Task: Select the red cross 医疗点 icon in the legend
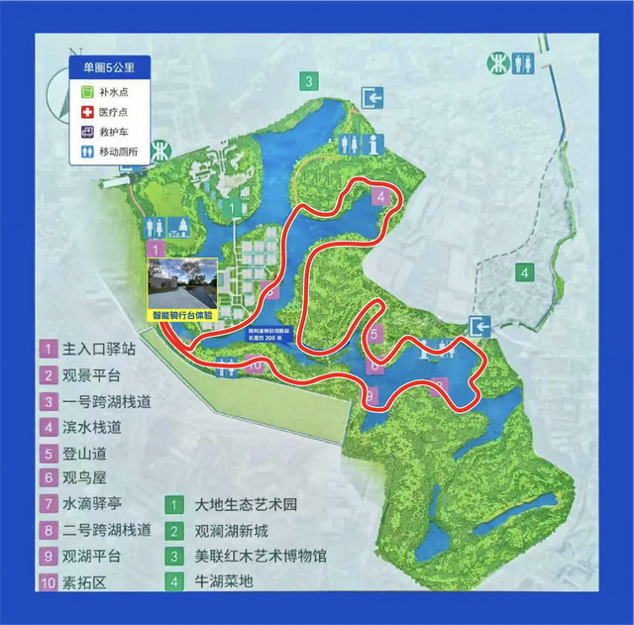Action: click(x=86, y=111)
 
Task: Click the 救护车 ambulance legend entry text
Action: click(x=120, y=132)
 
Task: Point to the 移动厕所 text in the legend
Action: click(x=125, y=153)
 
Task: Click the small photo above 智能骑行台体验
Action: click(x=182, y=282)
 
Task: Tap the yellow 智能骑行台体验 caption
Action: click(x=182, y=314)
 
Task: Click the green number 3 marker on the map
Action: click(x=310, y=81)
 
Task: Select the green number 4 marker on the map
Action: click(x=525, y=270)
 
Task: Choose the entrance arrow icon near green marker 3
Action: click(x=373, y=98)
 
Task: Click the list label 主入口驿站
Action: click(x=98, y=350)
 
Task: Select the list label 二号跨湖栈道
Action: click(x=105, y=530)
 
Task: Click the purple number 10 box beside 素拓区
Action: click(x=48, y=581)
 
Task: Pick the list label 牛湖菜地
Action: click(x=223, y=581)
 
